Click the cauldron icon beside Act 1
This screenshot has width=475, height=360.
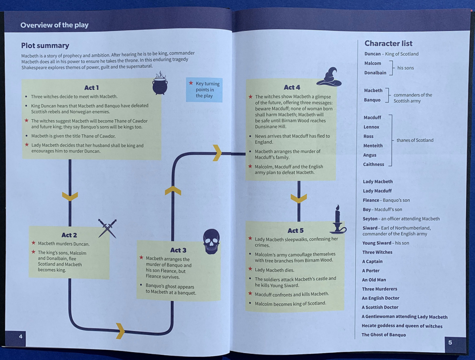(160, 84)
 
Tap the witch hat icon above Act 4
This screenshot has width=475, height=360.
(329, 77)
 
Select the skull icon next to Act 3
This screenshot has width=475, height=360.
(211, 241)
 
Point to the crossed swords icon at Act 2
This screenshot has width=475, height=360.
(107, 228)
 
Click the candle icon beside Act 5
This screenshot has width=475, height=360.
(338, 220)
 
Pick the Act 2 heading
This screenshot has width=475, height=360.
(69, 235)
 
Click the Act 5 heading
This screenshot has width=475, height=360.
(295, 231)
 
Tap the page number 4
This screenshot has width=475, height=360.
(21, 336)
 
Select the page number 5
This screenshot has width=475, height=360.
(450, 342)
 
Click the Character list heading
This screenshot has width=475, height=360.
(388, 44)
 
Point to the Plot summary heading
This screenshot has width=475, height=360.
(45, 45)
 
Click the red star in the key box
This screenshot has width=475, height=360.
(191, 83)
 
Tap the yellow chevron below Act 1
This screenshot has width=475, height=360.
(70, 196)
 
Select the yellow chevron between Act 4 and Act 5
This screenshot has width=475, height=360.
(298, 198)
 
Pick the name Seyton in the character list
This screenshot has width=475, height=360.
(370, 219)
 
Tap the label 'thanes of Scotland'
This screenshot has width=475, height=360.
(415, 140)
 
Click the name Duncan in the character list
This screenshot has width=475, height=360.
(372, 54)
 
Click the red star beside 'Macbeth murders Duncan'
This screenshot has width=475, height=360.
(33, 243)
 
